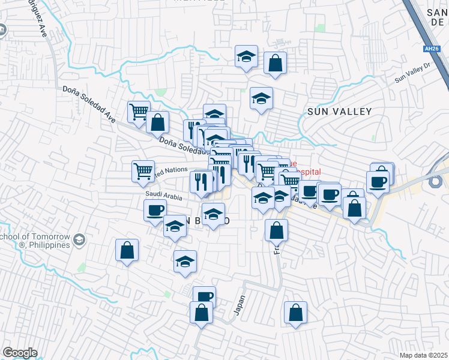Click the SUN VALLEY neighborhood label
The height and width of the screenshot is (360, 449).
tap(339, 111)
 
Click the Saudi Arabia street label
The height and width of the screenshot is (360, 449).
tap(163, 196)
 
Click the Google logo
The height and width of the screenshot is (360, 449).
tap(20, 353)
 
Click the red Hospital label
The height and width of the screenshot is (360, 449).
tap(306, 171)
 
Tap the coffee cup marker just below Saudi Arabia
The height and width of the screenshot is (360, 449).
tap(155, 210)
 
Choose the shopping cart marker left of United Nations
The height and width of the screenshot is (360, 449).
tap(143, 171)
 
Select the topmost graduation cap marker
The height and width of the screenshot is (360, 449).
tap(246, 56)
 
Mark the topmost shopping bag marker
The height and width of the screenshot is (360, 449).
tap(275, 62)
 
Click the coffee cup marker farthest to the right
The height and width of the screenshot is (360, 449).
tap(378, 181)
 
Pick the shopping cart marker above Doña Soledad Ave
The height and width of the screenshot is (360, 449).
tap(139, 112)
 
